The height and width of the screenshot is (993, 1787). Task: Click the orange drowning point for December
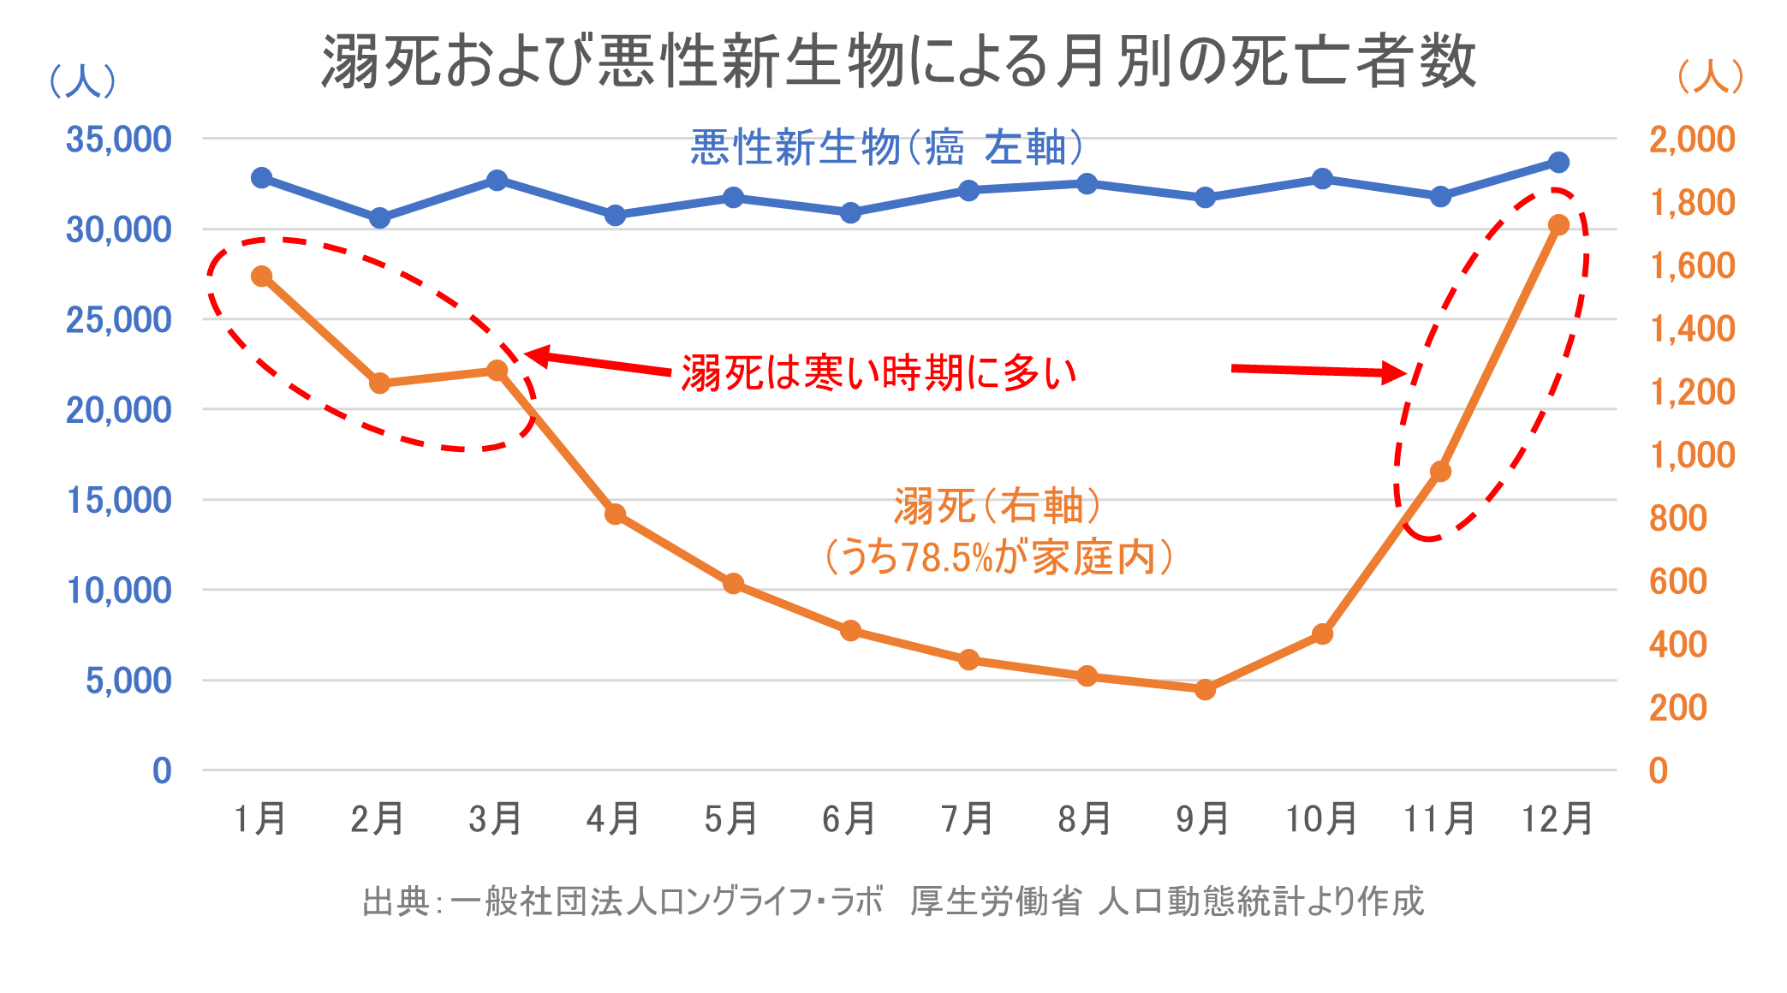1558,224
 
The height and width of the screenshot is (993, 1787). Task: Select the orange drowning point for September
1205,689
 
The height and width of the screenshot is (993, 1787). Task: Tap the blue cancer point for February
379,218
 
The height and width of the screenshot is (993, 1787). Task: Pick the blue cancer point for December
1558,162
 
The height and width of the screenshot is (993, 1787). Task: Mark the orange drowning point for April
615,514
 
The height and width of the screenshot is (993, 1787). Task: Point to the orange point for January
262,276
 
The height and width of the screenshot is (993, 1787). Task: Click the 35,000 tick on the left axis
118,140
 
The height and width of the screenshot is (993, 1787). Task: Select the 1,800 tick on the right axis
1692,203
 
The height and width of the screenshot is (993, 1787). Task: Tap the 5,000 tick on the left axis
128,681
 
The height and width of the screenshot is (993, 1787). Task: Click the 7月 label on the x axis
968,819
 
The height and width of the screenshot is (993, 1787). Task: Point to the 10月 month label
1321,819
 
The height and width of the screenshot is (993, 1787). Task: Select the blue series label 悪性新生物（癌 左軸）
887,148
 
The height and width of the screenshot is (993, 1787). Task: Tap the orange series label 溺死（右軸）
998,506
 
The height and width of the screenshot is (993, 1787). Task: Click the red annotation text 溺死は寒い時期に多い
879,373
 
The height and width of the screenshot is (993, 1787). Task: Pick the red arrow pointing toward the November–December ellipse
1319,371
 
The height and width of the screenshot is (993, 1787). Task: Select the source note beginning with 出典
893,901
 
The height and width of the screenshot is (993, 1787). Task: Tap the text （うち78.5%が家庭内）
998,558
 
